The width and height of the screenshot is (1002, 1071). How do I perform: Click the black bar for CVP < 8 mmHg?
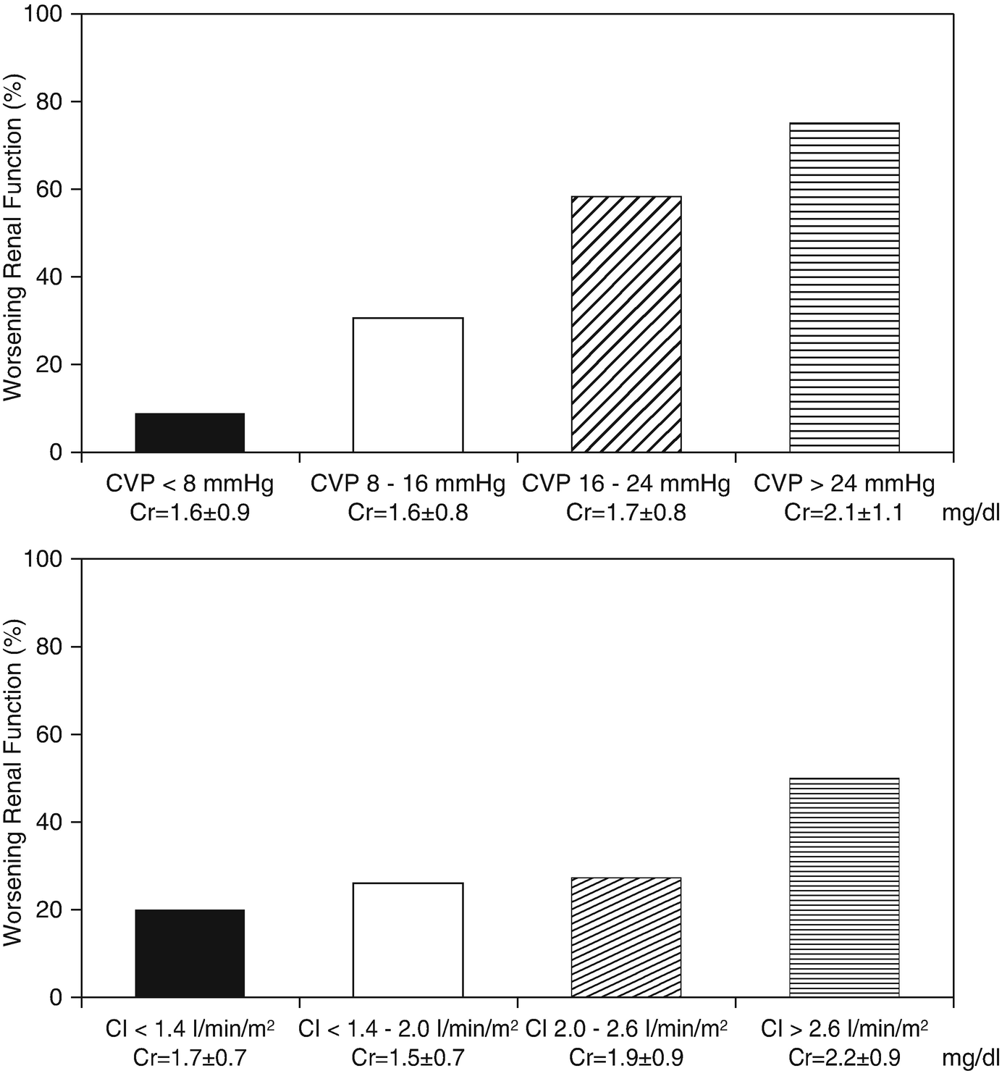pyautogui.click(x=190, y=433)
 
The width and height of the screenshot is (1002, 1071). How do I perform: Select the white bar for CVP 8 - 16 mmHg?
pyautogui.click(x=408, y=385)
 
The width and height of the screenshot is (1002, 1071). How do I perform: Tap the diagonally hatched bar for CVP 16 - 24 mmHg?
pyautogui.click(x=626, y=324)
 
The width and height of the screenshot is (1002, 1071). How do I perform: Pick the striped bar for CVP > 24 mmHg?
pyautogui.click(x=844, y=287)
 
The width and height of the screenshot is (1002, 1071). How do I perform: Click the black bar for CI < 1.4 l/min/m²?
pyautogui.click(x=190, y=954)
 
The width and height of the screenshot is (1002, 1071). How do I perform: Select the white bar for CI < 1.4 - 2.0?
pyautogui.click(x=408, y=940)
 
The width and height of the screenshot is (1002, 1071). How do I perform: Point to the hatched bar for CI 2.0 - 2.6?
pyautogui.click(x=626, y=938)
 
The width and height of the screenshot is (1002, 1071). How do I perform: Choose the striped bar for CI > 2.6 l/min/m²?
pyautogui.click(x=844, y=888)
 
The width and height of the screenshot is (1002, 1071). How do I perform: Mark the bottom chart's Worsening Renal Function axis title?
pyautogui.click(x=13, y=782)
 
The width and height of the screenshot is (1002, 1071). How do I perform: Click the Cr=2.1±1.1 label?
pyautogui.click(x=843, y=513)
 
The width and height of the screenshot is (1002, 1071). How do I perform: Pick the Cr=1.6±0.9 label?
pyautogui.click(x=190, y=513)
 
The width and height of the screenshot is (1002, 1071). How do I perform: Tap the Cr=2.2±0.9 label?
pyautogui.click(x=844, y=1058)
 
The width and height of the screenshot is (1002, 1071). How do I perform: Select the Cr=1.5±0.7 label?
pyautogui.click(x=408, y=1058)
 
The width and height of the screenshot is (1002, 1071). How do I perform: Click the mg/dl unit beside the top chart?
pyautogui.click(x=970, y=513)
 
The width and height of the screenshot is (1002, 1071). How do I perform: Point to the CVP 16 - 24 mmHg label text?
pyautogui.click(x=626, y=484)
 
